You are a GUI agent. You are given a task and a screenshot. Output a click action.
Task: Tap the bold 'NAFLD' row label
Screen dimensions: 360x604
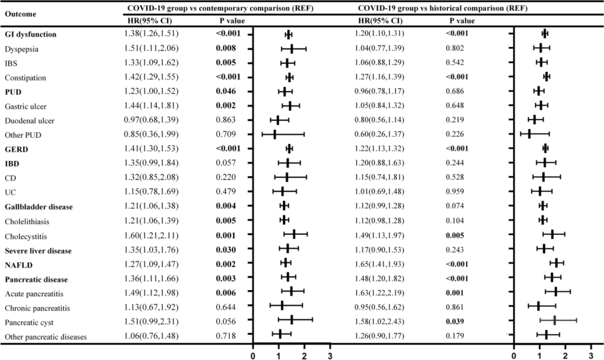point(20,264)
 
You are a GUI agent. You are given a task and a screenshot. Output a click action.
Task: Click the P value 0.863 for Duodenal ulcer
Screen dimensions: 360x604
point(227,120)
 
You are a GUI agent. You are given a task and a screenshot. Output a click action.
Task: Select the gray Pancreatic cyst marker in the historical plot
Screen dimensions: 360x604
point(554,320)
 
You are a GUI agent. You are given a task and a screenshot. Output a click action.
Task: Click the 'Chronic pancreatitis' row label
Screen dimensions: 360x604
point(36,308)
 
